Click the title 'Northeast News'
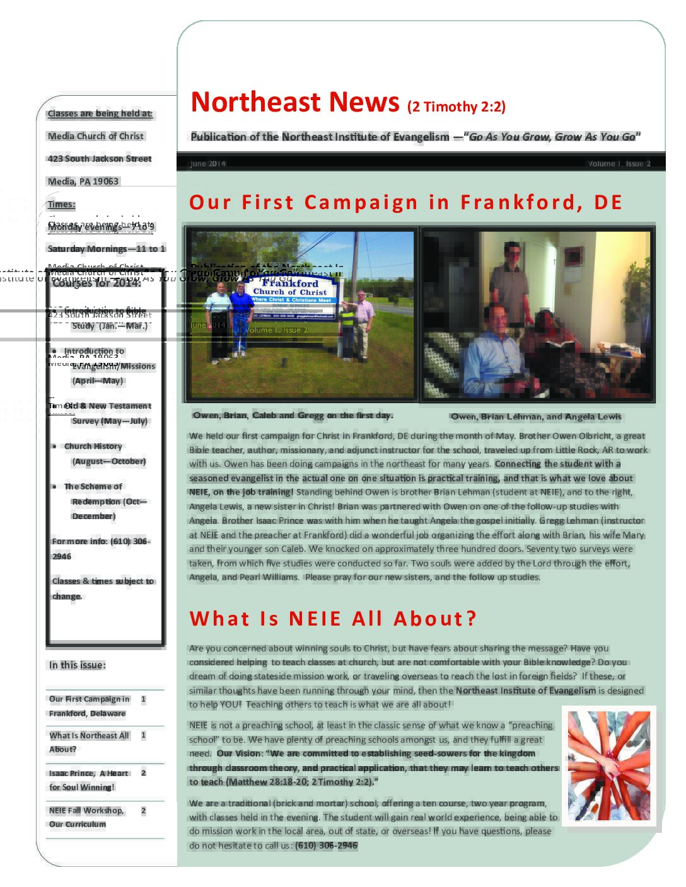point(294,102)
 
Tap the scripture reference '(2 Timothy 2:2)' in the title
point(456,106)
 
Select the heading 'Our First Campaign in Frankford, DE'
point(405,202)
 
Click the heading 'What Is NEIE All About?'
point(333,619)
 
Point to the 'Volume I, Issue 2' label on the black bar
point(619,164)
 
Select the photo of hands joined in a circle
point(608,765)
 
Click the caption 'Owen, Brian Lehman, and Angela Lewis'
point(536,416)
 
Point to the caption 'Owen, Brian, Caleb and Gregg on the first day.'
point(293,415)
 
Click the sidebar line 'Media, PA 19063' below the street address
point(83,181)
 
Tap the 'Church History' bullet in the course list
point(93,446)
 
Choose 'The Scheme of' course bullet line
point(93,486)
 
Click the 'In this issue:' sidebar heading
point(78,665)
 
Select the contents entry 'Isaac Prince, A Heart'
point(89,773)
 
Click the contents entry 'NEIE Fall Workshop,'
point(86,810)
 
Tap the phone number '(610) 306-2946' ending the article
point(326,845)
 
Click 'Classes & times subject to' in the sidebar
point(103,581)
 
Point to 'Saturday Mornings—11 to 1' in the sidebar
point(107,249)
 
